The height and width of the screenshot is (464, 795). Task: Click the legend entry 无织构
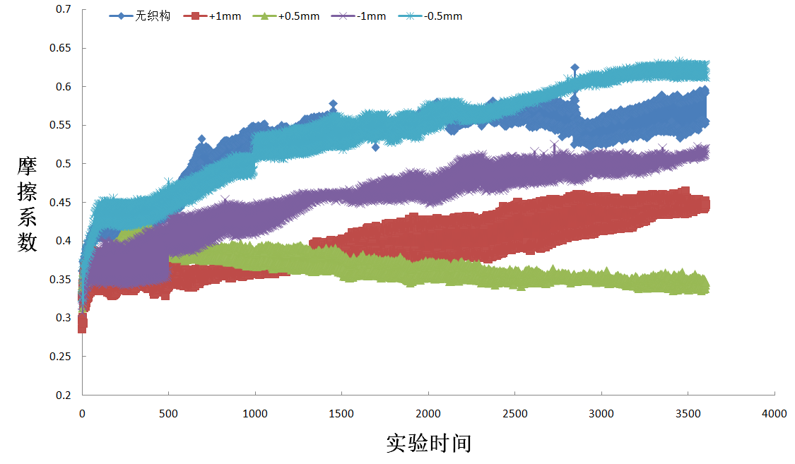pyautogui.click(x=153, y=16)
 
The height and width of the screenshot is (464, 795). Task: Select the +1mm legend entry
pyautogui.click(x=225, y=16)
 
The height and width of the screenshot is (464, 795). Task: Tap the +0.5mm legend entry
pyautogui.click(x=299, y=16)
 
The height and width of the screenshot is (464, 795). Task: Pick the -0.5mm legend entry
pyautogui.click(x=443, y=16)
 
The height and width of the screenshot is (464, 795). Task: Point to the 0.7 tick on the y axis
pyautogui.click(x=64, y=10)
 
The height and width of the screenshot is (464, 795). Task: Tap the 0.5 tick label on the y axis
pyautogui.click(x=64, y=164)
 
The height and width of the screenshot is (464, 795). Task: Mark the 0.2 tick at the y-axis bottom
pyautogui.click(x=64, y=395)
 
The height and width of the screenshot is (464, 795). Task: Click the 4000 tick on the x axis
pyautogui.click(x=775, y=414)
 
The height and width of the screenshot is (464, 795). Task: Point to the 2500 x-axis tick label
pyautogui.click(x=514, y=414)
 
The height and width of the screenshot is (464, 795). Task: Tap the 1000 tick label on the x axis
pyautogui.click(x=255, y=414)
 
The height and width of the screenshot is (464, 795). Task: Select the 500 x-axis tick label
pyautogui.click(x=169, y=414)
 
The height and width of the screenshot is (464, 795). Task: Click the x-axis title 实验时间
pyautogui.click(x=428, y=444)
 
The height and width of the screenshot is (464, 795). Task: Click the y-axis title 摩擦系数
pyautogui.click(x=27, y=204)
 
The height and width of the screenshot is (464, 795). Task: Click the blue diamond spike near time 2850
pyautogui.click(x=575, y=69)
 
